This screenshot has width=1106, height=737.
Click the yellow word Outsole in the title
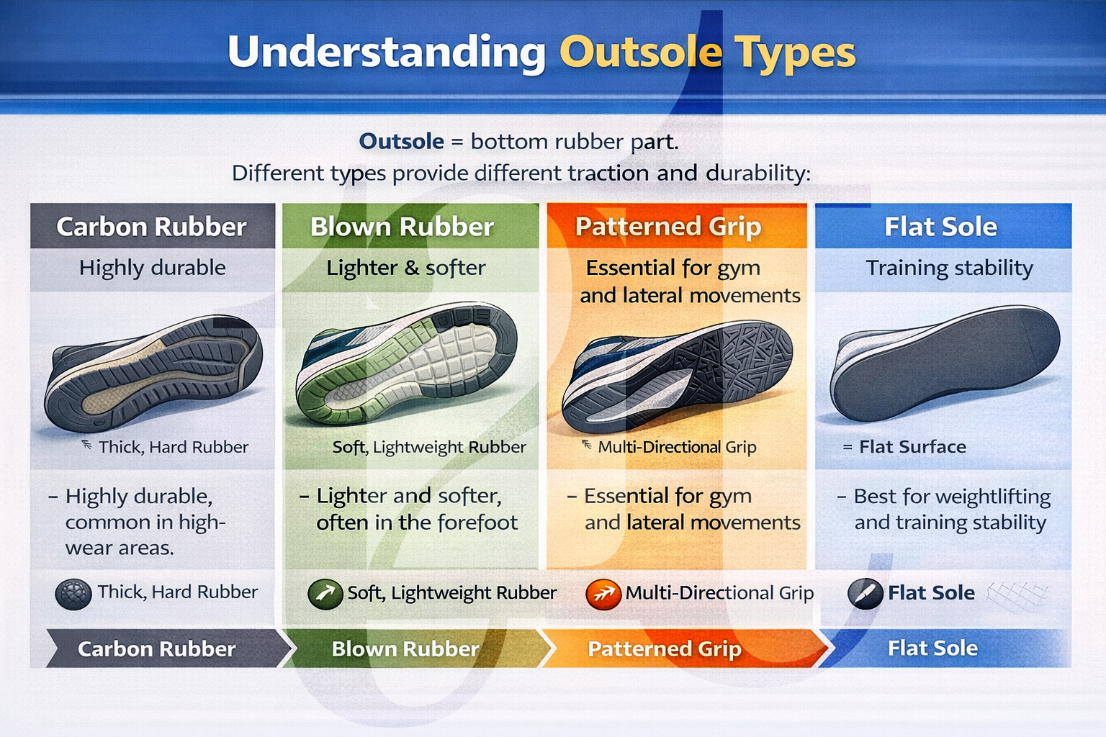click(640, 53)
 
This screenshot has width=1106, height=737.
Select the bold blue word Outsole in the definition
click(401, 141)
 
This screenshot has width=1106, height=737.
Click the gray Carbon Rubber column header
click(152, 227)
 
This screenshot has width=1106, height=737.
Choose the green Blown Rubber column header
click(402, 227)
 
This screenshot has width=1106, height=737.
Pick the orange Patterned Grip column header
click(668, 227)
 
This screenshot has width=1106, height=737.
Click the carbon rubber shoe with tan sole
click(153, 372)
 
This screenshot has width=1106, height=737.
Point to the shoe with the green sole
click(407, 363)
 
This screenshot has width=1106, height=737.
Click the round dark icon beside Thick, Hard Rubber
click(73, 594)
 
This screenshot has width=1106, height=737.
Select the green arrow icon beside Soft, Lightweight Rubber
click(325, 594)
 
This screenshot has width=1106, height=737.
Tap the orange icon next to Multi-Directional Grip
click(603, 594)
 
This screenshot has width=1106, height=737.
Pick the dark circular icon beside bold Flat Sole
click(865, 594)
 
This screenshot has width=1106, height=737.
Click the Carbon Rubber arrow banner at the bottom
click(157, 648)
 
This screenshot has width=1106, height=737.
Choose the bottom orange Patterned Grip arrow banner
click(665, 648)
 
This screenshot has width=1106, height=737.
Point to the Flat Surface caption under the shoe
click(912, 447)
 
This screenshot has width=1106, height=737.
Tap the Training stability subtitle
click(949, 268)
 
